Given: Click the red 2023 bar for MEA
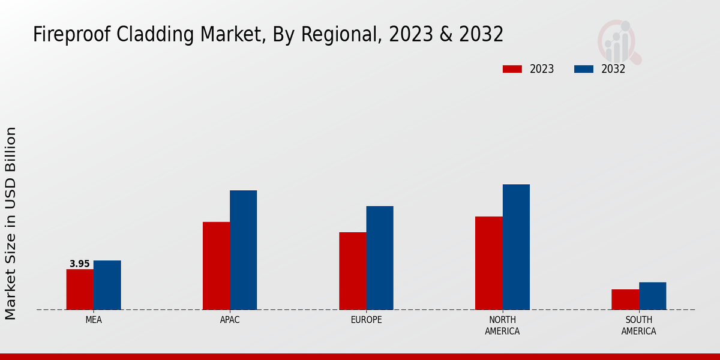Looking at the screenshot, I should coord(80,289).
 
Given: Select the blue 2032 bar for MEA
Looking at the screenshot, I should coord(107,285).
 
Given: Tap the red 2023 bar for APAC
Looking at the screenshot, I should coord(216,266).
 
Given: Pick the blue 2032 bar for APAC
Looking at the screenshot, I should coord(243,250).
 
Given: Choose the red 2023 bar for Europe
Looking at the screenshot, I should coord(352,271).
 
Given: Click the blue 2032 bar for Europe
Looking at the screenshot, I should coord(380,258).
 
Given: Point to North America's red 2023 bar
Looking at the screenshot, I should coord(488,263).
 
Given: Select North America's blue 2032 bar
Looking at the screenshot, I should coord(516,247).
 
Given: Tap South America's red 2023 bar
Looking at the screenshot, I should coord(625,299).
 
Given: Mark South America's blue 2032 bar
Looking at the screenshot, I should coord(652,296).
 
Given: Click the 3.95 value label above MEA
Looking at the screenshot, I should coord(80,264).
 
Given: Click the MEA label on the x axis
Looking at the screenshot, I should coord(94,320).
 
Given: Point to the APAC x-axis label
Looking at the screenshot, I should coord(230,320).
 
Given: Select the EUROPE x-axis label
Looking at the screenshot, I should coord(366,320).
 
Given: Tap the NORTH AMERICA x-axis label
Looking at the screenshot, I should coord(502,325).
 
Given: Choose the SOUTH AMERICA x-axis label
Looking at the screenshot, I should coord(638,325).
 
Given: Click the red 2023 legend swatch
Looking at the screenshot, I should coord(512,69).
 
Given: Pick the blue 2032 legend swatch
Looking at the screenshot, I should coord(584,69).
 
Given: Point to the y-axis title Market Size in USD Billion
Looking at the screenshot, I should coord(11,223).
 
